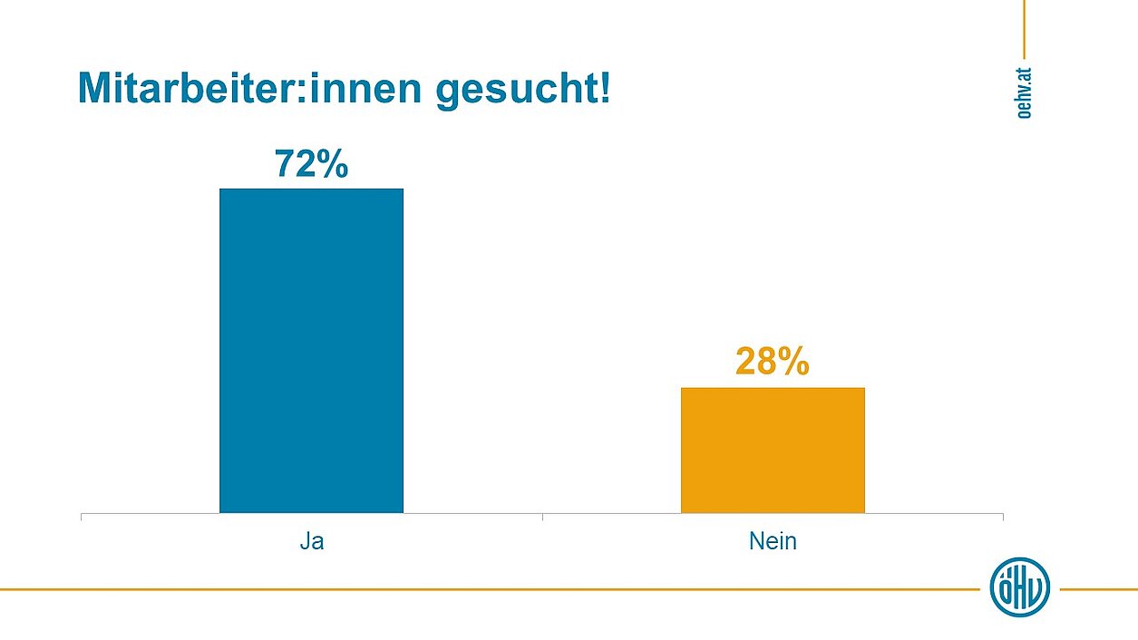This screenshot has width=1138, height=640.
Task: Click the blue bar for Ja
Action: [311, 350]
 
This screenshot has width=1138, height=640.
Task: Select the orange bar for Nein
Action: [773, 450]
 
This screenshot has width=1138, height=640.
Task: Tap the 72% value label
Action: [311, 164]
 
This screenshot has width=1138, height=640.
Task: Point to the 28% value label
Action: [772, 362]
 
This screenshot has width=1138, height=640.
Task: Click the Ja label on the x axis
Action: [311, 542]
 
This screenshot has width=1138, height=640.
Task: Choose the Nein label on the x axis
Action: [773, 542]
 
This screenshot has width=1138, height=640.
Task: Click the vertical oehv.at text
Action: [1024, 91]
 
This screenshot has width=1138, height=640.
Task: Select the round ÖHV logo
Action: [1019, 587]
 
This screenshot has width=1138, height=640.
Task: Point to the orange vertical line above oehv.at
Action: [1024, 27]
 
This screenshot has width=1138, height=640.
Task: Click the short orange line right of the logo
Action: [1097, 589]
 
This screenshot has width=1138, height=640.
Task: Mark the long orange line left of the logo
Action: [490, 589]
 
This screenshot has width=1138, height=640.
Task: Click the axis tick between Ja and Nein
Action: [542, 517]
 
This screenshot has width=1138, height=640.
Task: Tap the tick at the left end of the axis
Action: [82, 517]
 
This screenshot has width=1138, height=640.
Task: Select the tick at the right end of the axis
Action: [1003, 517]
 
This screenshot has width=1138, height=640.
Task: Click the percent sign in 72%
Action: [333, 164]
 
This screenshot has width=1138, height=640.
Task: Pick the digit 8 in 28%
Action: [767, 362]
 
